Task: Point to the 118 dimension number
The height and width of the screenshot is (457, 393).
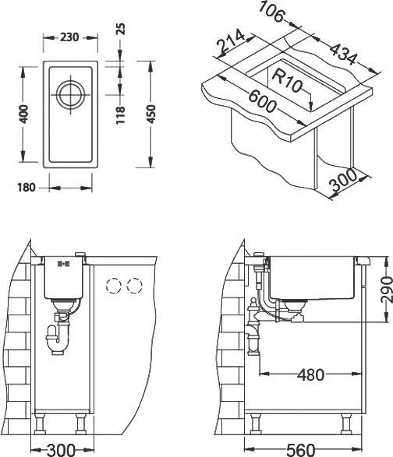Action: [x=119, y=115]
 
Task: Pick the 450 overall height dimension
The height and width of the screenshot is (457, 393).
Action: [x=150, y=115]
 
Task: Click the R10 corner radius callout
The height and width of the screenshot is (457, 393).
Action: [x=288, y=78]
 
